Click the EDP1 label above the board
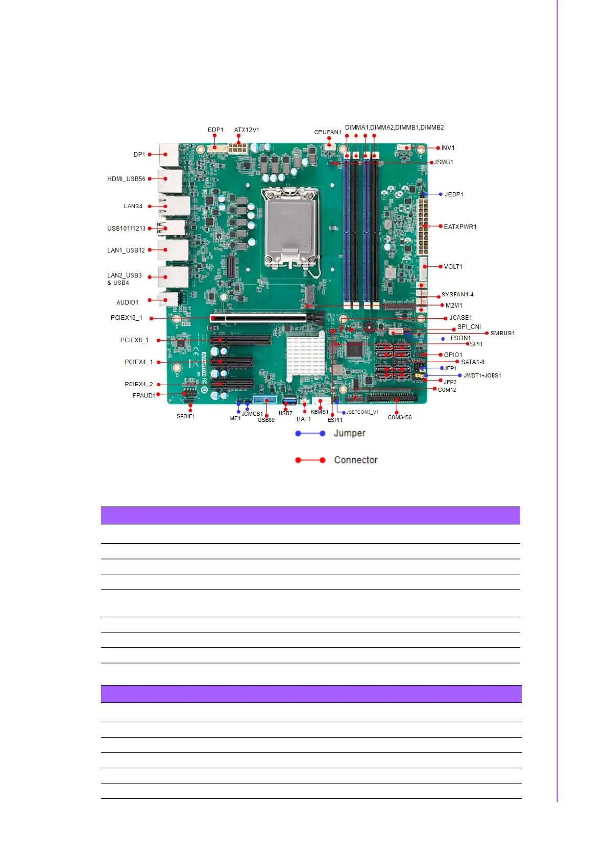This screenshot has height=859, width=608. pyautogui.click(x=215, y=130)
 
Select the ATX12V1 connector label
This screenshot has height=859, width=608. pyautogui.click(x=247, y=130)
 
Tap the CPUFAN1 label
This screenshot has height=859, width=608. pyautogui.click(x=328, y=132)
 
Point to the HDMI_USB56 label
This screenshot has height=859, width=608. pyautogui.click(x=126, y=179)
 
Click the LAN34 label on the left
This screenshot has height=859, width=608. pyautogui.click(x=133, y=206)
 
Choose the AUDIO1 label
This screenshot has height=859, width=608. pyautogui.click(x=127, y=302)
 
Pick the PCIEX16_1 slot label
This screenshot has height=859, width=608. pyautogui.click(x=126, y=318)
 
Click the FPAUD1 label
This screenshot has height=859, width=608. pyautogui.click(x=143, y=395)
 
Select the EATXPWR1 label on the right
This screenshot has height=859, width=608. pyautogui.click(x=460, y=227)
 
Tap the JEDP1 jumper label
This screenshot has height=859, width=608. pyautogui.click(x=454, y=194)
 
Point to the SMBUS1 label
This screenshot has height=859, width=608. pyautogui.click(x=502, y=333)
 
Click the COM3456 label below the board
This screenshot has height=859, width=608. pyautogui.click(x=399, y=417)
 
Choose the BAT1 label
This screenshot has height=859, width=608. pyautogui.click(x=303, y=419)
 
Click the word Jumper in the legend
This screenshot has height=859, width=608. pyautogui.click(x=349, y=433)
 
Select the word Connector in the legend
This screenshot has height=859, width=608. pyautogui.click(x=355, y=460)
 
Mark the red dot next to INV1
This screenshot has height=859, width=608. pyautogui.click(x=438, y=148)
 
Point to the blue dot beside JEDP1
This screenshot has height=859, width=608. pyautogui.click(x=441, y=194)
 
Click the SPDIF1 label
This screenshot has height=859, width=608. pyautogui.click(x=185, y=416)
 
